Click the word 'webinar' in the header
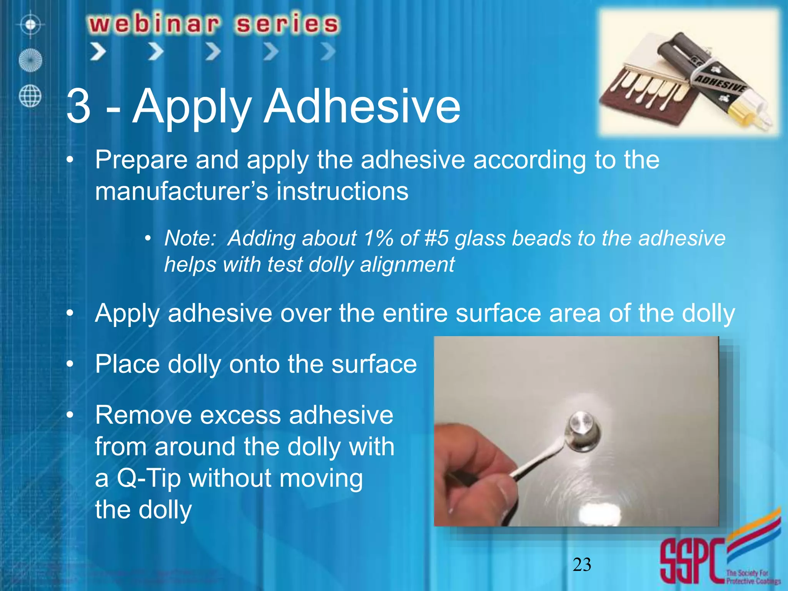coord(154,24)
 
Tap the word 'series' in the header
coord(287,24)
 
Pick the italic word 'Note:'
coord(190,238)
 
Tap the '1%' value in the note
coord(379,238)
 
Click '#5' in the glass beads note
coord(436,238)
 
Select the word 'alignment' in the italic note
coord(407,265)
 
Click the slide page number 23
coord(582,565)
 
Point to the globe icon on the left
coord(30,96)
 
